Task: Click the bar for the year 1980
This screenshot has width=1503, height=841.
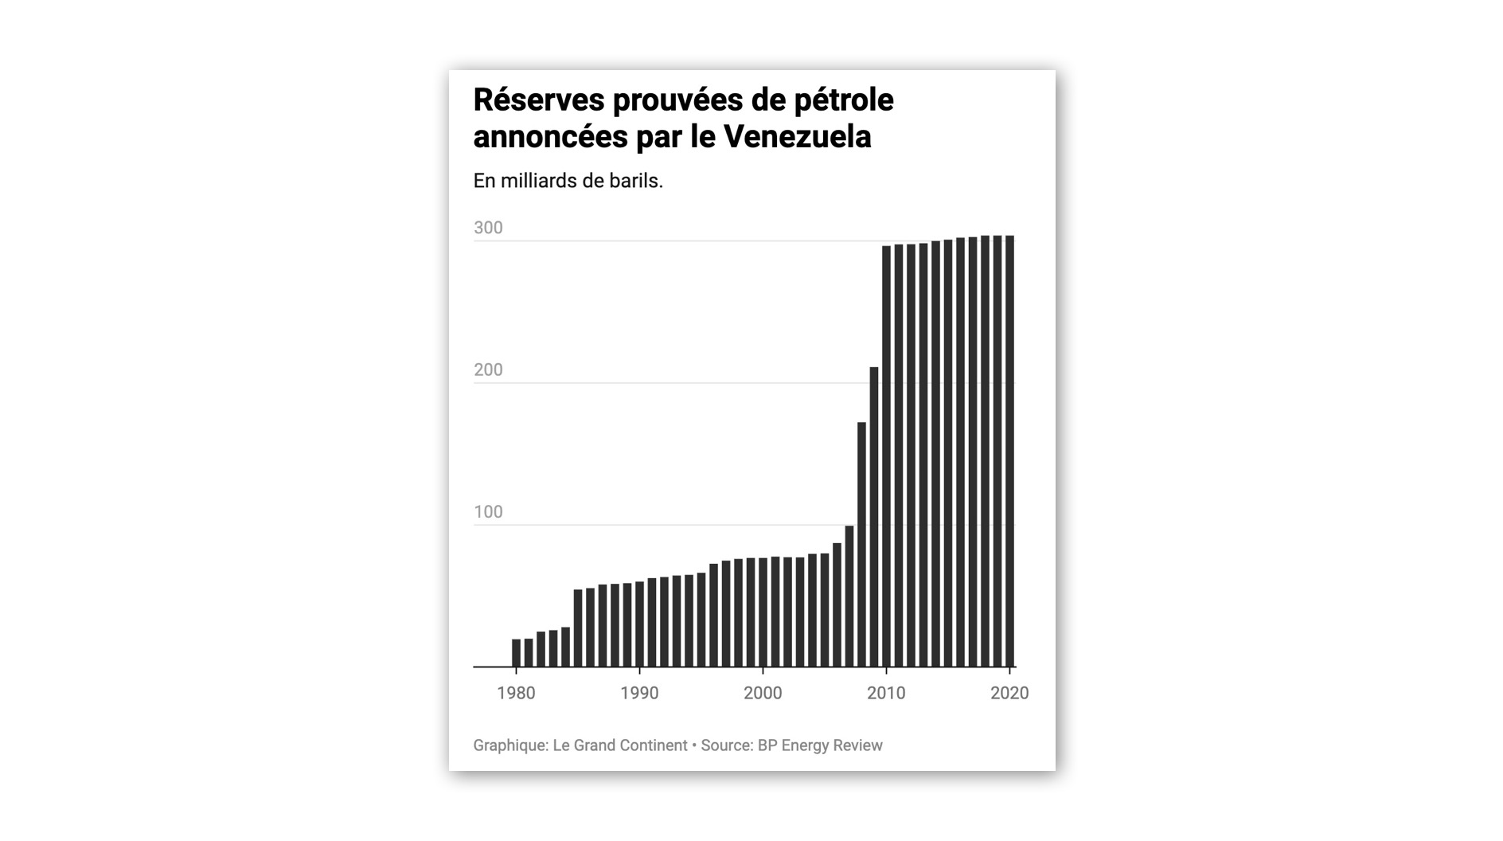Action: pos(516,653)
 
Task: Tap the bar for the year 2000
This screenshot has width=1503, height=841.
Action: pos(763,612)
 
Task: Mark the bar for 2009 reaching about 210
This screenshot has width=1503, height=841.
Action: pos(874,518)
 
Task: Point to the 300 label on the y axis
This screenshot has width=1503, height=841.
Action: pos(488,228)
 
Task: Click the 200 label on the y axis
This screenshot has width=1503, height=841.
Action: pos(488,370)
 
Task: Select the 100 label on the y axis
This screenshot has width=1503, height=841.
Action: pos(488,512)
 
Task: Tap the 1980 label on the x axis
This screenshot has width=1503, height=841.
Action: pos(516,694)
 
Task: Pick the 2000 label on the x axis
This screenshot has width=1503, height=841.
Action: pos(763,694)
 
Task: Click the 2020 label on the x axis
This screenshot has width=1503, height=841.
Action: pos(1009,694)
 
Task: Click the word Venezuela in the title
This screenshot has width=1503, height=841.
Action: pos(797,137)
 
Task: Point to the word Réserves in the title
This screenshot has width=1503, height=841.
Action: pos(538,100)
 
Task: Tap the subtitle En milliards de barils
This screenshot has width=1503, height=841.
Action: pos(568,181)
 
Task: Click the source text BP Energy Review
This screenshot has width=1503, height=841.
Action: pos(819,745)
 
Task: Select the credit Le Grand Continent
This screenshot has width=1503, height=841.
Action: pos(619,745)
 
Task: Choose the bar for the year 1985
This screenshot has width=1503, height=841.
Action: pos(578,628)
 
